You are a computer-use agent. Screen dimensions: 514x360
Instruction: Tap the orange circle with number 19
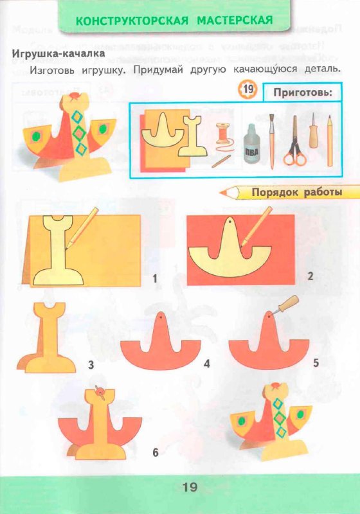[x=248, y=90]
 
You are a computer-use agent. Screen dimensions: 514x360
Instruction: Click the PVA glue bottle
[x=252, y=147]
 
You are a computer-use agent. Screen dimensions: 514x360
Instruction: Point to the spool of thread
[x=223, y=136]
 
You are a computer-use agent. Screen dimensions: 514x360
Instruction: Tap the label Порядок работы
[x=296, y=191]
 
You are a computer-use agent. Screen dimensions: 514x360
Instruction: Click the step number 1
[x=154, y=278]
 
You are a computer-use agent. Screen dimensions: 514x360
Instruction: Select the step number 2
[x=310, y=277]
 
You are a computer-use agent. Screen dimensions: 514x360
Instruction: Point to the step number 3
[x=91, y=366]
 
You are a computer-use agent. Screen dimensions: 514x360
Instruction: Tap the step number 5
[x=316, y=363]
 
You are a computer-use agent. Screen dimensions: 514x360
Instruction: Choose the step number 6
[x=155, y=453]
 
